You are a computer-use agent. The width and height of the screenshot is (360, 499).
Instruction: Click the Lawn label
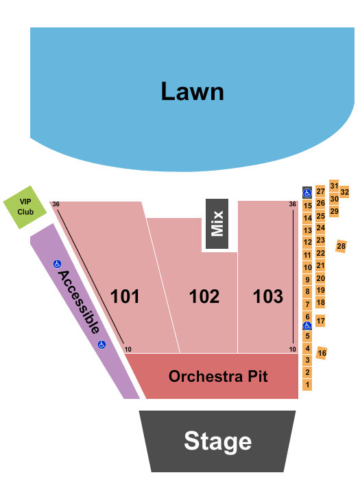[193, 91]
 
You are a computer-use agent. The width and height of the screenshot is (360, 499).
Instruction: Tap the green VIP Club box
[25, 206]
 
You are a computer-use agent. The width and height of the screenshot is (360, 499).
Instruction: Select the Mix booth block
[217, 223]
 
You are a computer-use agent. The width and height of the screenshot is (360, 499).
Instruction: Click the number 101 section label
[125, 296]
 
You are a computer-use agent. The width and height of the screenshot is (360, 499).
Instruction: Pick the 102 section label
[204, 296]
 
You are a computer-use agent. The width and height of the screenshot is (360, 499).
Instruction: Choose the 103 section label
[268, 296]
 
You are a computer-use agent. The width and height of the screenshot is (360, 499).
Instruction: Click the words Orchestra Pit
[218, 376]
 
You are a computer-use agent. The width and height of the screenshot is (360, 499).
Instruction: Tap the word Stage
[217, 441]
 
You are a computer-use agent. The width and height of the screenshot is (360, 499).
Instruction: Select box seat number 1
[308, 385]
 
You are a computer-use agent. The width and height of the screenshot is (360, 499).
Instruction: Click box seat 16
[322, 352]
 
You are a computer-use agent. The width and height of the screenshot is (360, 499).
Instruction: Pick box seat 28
[341, 246]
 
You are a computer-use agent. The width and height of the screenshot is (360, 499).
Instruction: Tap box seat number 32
[345, 192]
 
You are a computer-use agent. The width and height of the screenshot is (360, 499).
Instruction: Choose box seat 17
[320, 321]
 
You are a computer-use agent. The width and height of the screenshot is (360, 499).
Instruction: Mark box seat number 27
[320, 191]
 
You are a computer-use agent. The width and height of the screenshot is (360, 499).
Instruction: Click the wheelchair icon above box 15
[307, 193]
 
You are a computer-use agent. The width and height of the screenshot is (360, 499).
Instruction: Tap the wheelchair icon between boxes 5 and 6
[308, 326]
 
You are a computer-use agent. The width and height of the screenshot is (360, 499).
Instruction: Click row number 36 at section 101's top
[56, 204]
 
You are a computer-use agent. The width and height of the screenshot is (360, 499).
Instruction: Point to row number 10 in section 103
[293, 349]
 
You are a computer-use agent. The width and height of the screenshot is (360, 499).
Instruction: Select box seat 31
[334, 185]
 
